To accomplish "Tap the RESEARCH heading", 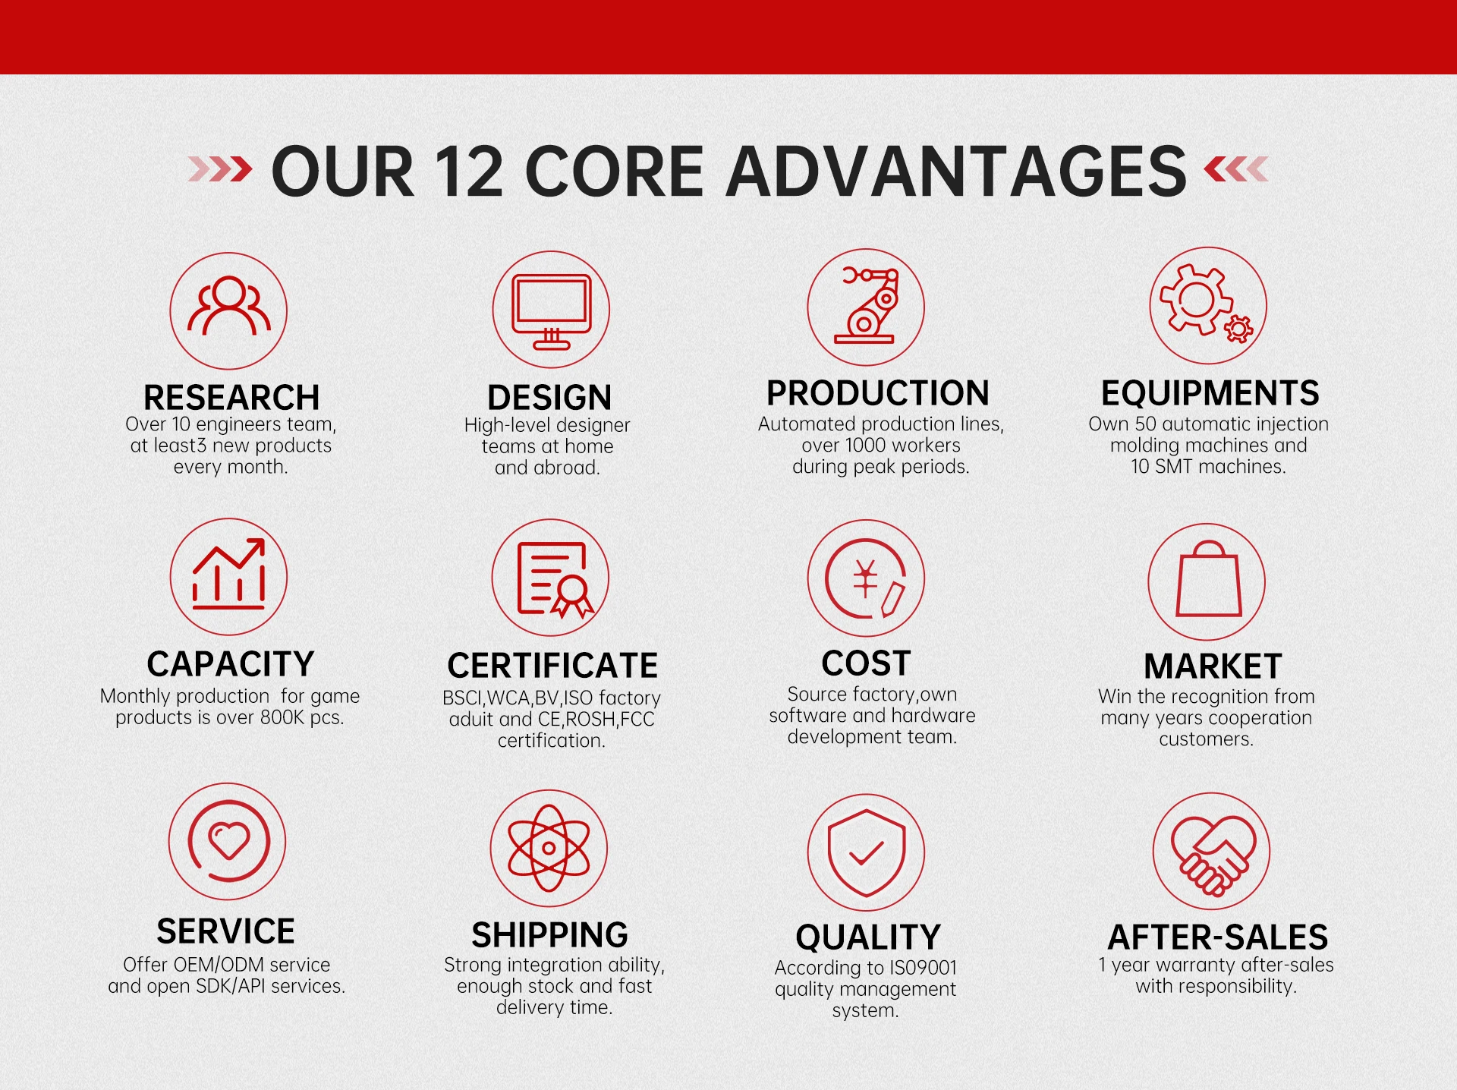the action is pyautogui.click(x=231, y=398).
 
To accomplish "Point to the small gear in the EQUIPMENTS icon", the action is pyautogui.click(x=1239, y=329).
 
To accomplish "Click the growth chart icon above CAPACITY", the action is pyautogui.click(x=229, y=575).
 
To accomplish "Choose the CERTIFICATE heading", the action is pyautogui.click(x=552, y=666).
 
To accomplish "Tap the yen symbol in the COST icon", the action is pyautogui.click(x=865, y=579).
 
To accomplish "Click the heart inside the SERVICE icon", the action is pyautogui.click(x=228, y=840).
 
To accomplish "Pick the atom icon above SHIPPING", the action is pyautogui.click(x=549, y=848).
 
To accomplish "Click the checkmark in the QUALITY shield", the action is pyautogui.click(x=866, y=854).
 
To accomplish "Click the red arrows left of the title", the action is pyautogui.click(x=220, y=169).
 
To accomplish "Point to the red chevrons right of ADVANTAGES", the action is pyautogui.click(x=1236, y=169).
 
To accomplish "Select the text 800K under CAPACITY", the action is pyautogui.click(x=282, y=717).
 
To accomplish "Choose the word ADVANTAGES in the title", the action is pyautogui.click(x=956, y=172).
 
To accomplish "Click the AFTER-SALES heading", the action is pyautogui.click(x=1218, y=937).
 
